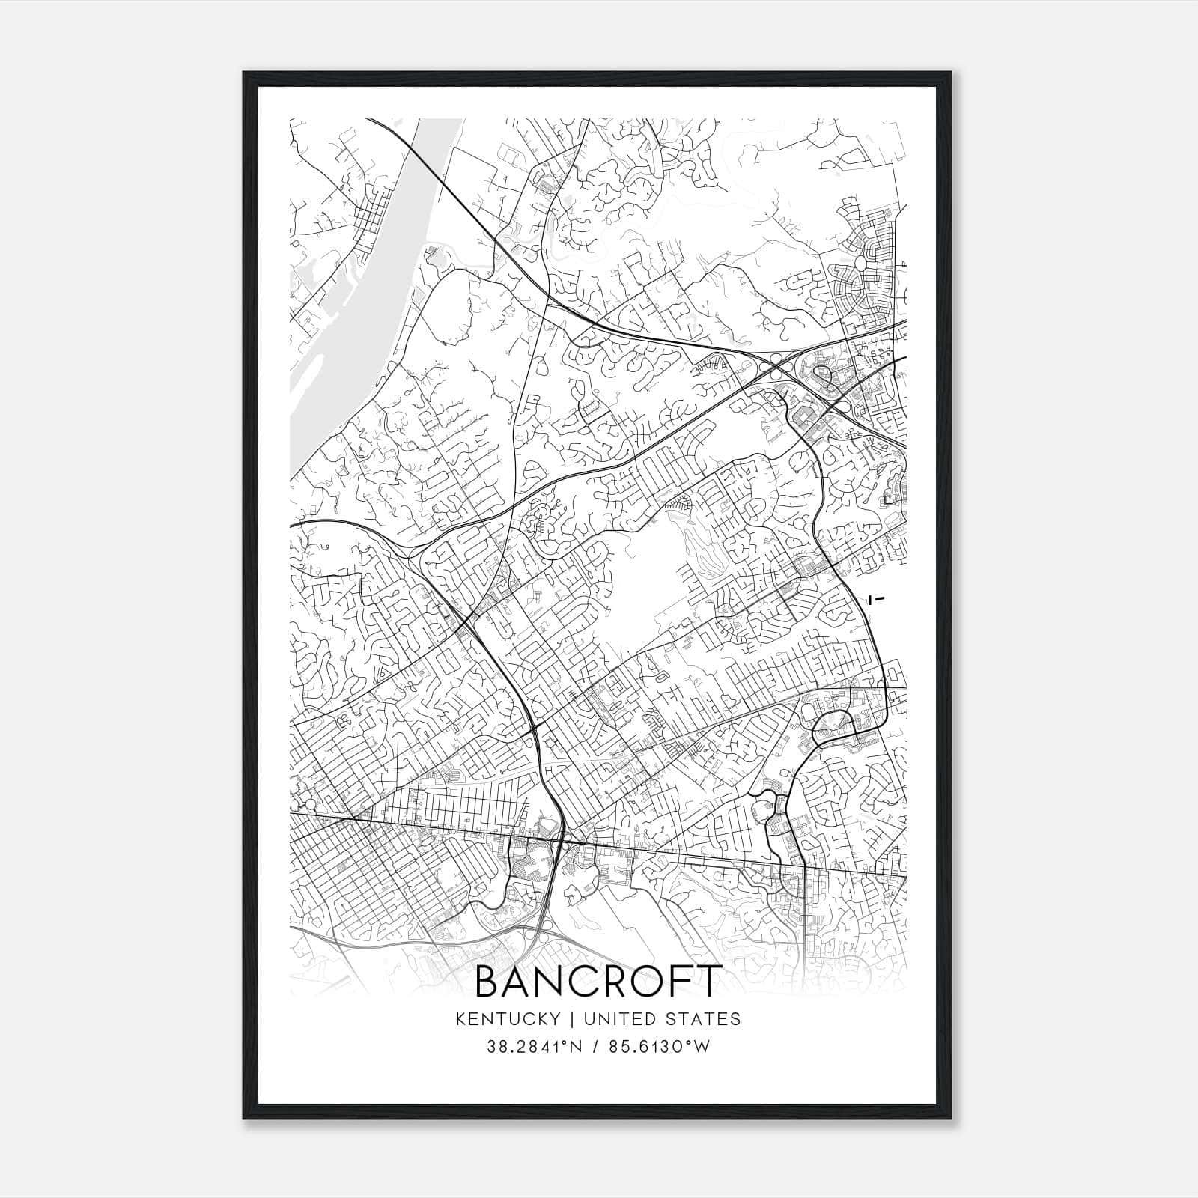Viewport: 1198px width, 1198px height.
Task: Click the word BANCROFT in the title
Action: pos(598,982)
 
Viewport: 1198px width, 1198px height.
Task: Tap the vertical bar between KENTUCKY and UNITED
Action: pos(571,1019)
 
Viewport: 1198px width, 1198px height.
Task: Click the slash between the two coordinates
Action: pos(595,1047)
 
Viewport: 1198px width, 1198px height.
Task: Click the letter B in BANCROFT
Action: pos(487,982)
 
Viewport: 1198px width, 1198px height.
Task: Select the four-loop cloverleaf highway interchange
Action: pos(779,367)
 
